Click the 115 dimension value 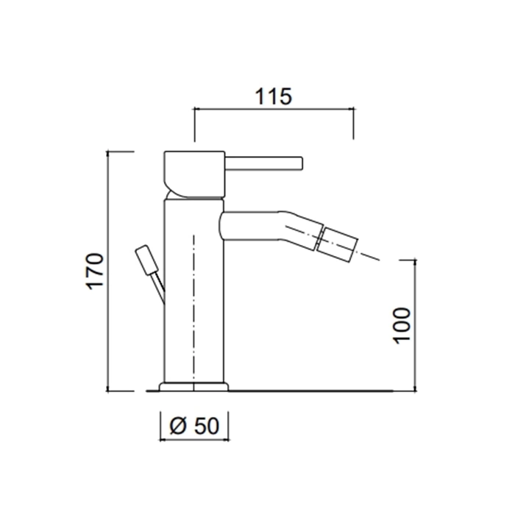(273, 96)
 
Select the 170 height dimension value (95, 271)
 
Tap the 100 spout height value (402, 326)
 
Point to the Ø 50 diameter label (194, 426)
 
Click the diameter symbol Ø (178, 426)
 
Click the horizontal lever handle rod (263, 163)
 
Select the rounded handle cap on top (194, 175)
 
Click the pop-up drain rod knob (147, 260)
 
